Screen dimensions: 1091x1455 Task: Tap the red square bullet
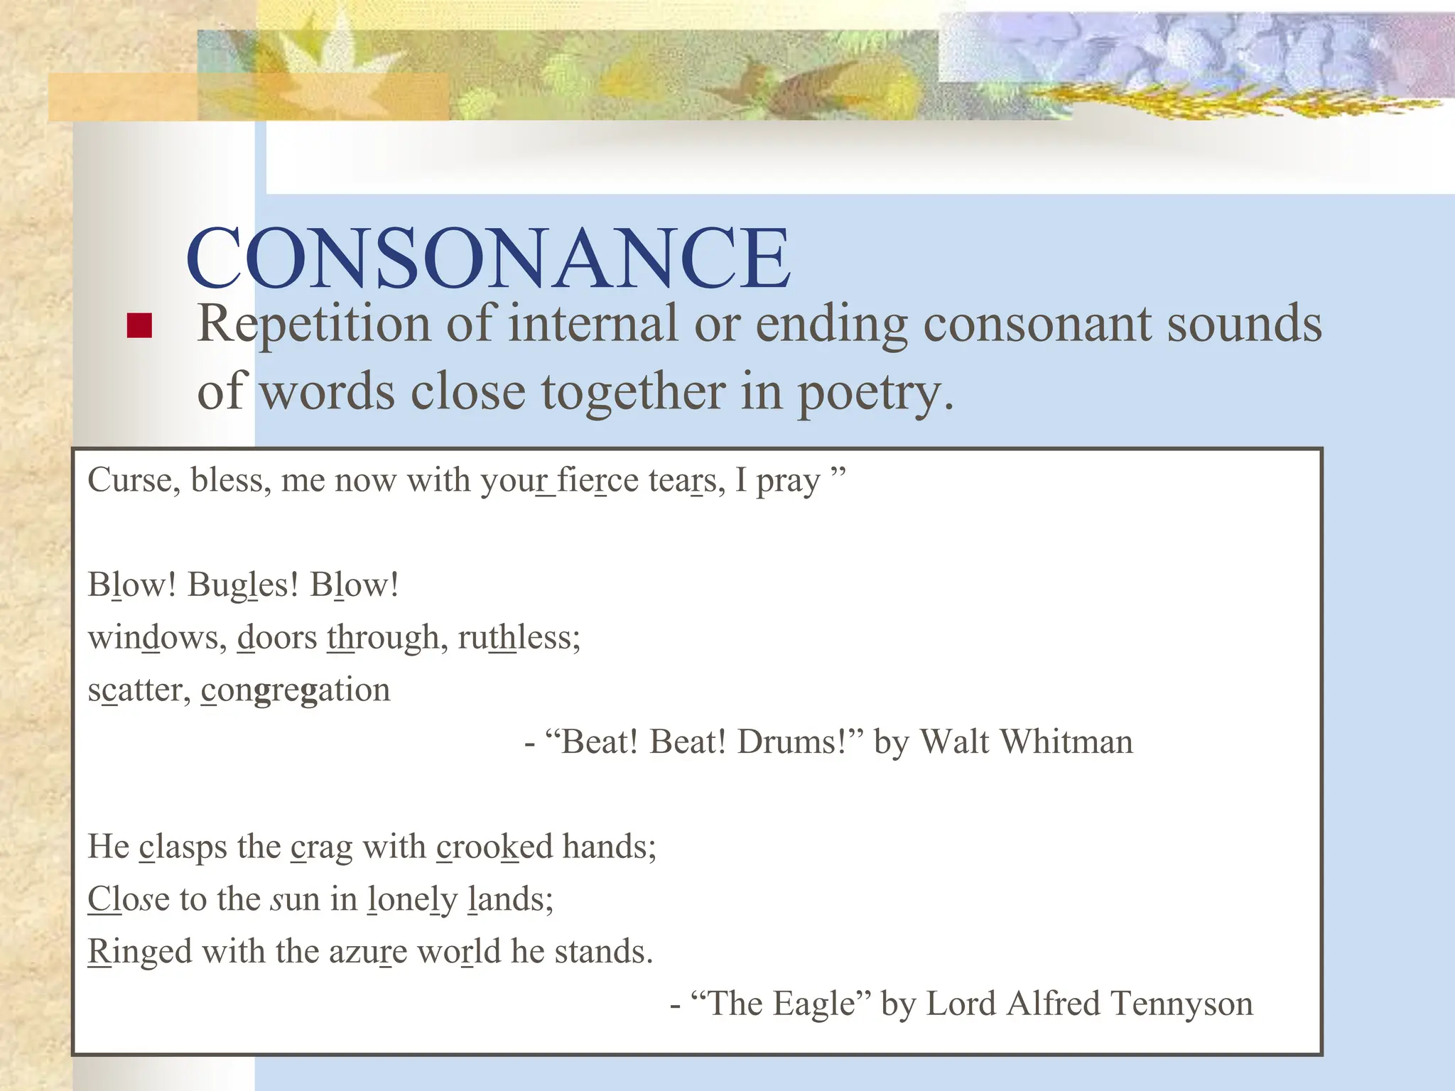[139, 325]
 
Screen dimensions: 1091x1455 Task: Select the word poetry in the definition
[875, 393]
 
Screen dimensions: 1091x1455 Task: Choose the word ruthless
[519, 637]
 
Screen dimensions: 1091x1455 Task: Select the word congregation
[296, 690]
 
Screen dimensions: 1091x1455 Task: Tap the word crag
[321, 847]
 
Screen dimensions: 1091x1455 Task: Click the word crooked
[494, 847]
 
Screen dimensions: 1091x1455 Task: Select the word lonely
[412, 900]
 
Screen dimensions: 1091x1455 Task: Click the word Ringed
[140, 952]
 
